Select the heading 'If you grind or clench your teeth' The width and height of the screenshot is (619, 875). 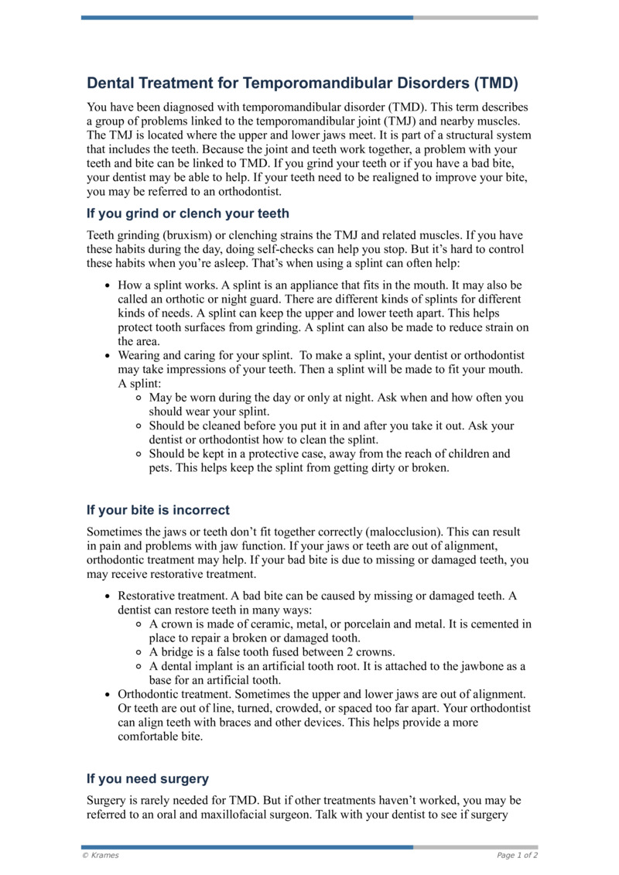tap(188, 213)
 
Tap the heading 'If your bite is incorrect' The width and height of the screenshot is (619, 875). tap(158, 510)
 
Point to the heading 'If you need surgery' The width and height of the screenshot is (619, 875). tap(148, 778)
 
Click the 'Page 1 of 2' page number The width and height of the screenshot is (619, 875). tap(517, 855)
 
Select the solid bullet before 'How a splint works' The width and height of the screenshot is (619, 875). tap(108, 285)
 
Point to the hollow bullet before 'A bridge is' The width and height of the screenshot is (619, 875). tap(139, 652)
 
